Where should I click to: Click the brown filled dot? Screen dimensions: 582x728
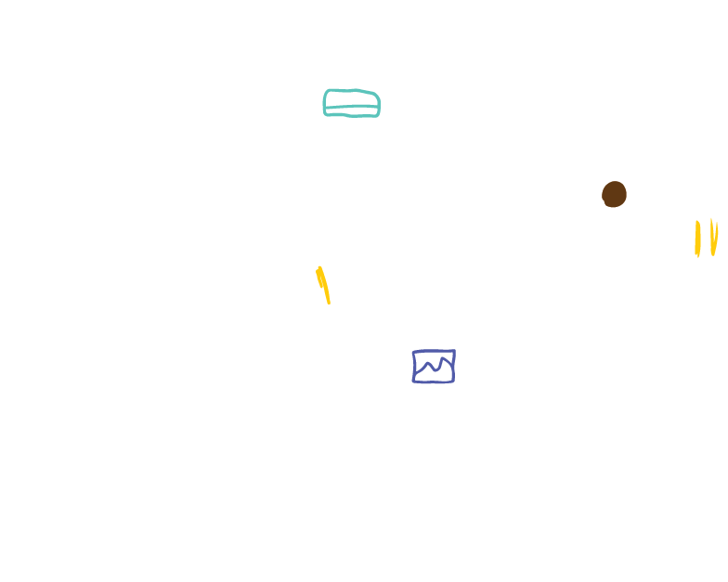(x=614, y=194)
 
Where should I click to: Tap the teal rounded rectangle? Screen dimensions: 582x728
(x=351, y=103)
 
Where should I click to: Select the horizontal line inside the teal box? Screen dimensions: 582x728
(x=351, y=108)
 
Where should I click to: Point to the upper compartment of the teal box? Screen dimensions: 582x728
(x=351, y=98)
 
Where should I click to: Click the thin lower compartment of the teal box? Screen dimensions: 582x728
(x=351, y=112)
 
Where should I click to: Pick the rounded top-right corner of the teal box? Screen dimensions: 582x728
(x=376, y=94)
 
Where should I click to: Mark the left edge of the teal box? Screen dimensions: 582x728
(x=324, y=103)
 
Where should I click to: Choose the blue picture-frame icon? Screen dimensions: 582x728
(x=434, y=367)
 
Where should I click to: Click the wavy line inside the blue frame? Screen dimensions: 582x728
(x=434, y=369)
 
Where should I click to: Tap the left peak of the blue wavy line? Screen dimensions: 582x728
(x=427, y=364)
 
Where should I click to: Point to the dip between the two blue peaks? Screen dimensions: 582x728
(x=435, y=370)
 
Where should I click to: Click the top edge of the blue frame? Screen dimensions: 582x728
(x=434, y=352)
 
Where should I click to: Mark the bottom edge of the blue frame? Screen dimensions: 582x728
(x=434, y=382)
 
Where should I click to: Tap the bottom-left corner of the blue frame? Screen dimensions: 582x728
(x=414, y=381)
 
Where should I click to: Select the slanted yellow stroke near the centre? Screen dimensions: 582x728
(x=322, y=283)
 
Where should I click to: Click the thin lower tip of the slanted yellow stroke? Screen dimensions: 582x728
(x=328, y=302)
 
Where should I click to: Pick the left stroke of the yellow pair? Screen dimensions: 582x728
(x=697, y=238)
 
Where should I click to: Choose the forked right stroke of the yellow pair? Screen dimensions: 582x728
(x=713, y=237)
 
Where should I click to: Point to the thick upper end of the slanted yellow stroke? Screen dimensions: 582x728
(x=319, y=271)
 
